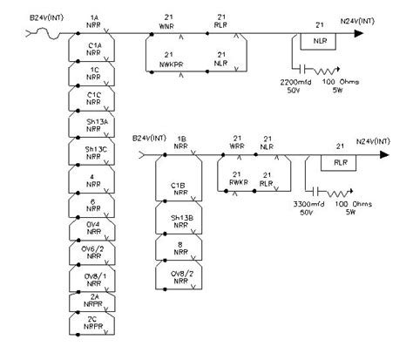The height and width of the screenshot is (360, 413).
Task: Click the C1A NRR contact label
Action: tap(91, 50)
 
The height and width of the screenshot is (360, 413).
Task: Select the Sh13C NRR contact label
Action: tap(91, 153)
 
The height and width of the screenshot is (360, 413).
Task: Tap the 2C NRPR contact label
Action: tap(91, 325)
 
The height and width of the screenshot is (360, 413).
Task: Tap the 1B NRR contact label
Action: tap(180, 143)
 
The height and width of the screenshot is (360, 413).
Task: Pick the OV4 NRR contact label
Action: tap(91, 228)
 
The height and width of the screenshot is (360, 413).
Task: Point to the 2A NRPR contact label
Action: tap(91, 301)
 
